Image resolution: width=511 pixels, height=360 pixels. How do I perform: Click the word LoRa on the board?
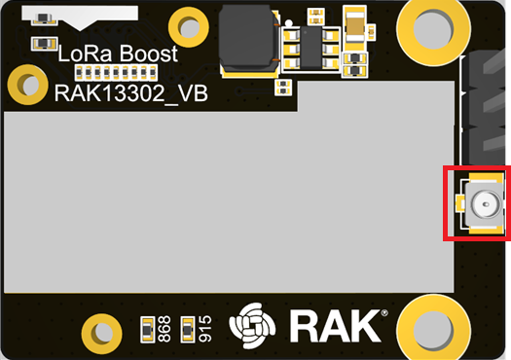click(86, 54)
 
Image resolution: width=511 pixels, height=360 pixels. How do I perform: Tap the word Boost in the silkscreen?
click(149, 54)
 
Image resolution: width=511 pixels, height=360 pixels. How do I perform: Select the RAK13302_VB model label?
click(131, 93)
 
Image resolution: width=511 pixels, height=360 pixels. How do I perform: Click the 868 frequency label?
click(164, 329)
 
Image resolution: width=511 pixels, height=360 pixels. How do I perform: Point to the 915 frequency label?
click(205, 329)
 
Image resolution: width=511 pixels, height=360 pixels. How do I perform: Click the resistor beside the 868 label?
click(147, 330)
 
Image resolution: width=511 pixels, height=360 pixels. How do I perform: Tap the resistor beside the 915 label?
click(188, 330)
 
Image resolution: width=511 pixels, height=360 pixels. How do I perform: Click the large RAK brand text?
click(336, 326)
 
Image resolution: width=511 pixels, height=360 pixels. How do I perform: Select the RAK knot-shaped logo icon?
click(252, 326)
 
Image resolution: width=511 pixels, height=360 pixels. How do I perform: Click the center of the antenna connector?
click(486, 204)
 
